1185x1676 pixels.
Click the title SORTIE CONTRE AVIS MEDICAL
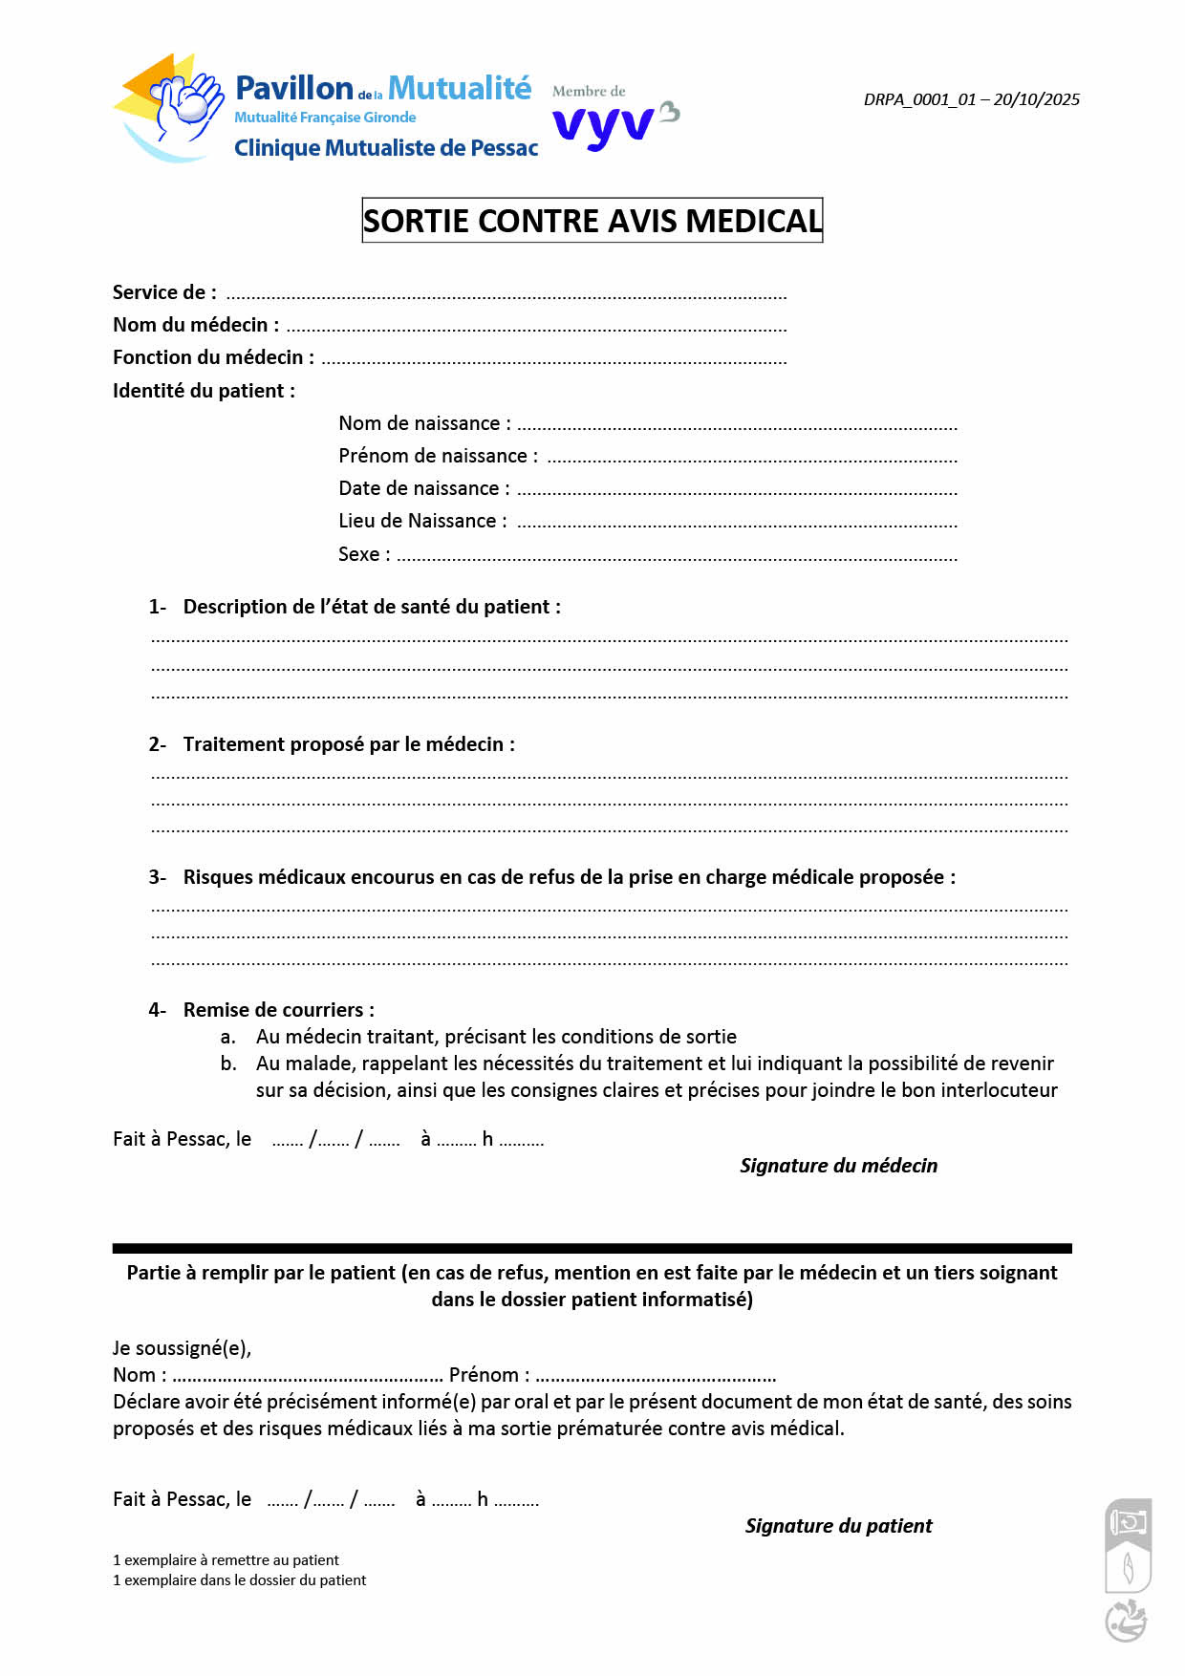[592, 221]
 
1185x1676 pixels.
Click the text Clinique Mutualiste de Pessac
[386, 148]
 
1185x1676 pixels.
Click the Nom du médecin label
[196, 325]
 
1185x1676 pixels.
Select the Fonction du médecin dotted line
[554, 361]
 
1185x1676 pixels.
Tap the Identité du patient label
[204, 391]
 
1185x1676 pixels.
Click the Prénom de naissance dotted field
[751, 460]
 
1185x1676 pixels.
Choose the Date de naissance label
[423, 488]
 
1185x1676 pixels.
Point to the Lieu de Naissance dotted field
[736, 525]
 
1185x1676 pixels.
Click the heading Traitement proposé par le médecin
[349, 744]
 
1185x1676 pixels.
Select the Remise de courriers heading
[278, 1010]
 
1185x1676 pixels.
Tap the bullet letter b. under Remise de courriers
[228, 1064]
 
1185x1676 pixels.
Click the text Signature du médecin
[838, 1166]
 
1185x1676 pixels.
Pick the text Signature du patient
[838, 1526]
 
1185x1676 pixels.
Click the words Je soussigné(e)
[182, 1348]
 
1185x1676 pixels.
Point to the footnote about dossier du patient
[239, 1580]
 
